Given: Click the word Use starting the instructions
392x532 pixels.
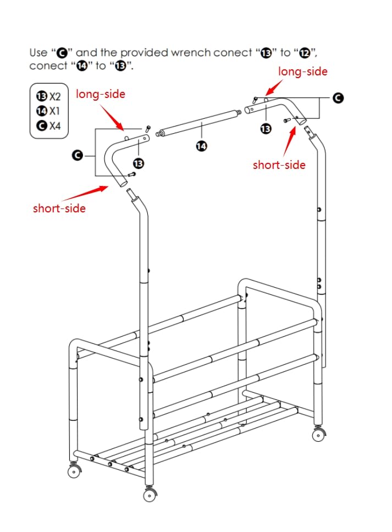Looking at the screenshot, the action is pyautogui.click(x=38, y=53).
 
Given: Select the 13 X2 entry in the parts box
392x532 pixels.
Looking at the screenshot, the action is pyautogui.click(x=48, y=96).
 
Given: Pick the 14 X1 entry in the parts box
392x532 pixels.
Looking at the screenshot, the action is pyautogui.click(x=48, y=111).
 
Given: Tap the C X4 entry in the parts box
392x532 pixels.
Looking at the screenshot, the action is pyautogui.click(x=48, y=126).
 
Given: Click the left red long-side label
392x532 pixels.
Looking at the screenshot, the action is pyautogui.click(x=101, y=94).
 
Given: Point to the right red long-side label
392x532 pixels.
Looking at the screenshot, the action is pyautogui.click(x=303, y=72).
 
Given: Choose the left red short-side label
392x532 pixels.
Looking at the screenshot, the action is pyautogui.click(x=59, y=208).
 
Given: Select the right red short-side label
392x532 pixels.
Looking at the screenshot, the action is pyautogui.click(x=279, y=164).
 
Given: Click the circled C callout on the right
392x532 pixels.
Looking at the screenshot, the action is pyautogui.click(x=338, y=98).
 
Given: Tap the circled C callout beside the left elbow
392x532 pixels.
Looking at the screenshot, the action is pyautogui.click(x=78, y=156).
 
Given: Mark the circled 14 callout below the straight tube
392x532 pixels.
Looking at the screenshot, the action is pyautogui.click(x=201, y=146).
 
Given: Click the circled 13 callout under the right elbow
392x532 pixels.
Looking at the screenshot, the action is pyautogui.click(x=266, y=129).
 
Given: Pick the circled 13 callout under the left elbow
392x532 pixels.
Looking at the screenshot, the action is pyautogui.click(x=139, y=163).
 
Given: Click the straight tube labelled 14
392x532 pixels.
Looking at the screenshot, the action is pyautogui.click(x=198, y=123).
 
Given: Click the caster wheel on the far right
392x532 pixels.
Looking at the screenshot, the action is pyautogui.click(x=318, y=434).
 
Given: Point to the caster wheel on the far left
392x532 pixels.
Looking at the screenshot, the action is pyautogui.click(x=74, y=470).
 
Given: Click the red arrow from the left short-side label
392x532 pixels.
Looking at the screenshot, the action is pyautogui.click(x=85, y=194).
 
